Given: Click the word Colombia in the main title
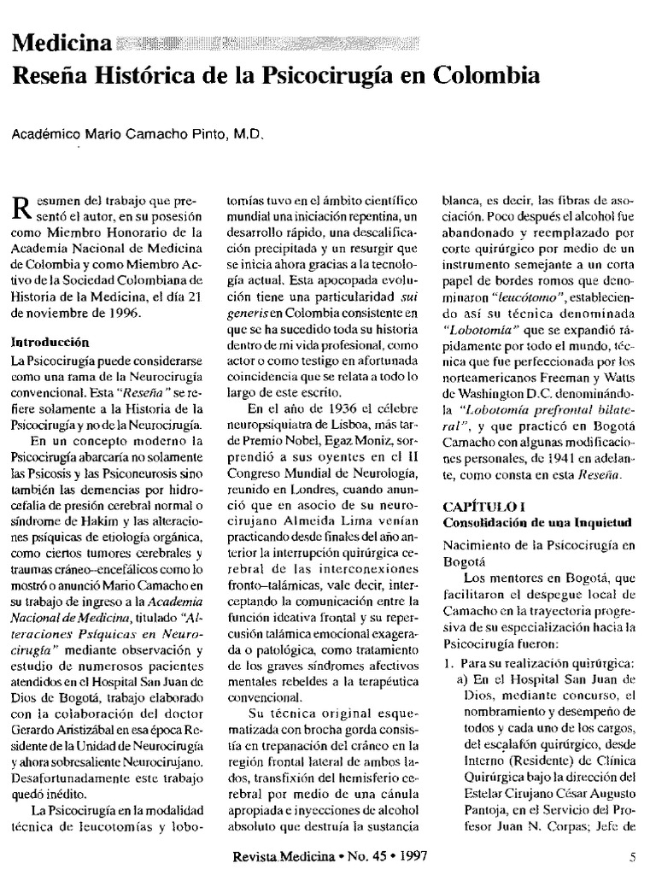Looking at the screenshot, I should pos(490,75).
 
